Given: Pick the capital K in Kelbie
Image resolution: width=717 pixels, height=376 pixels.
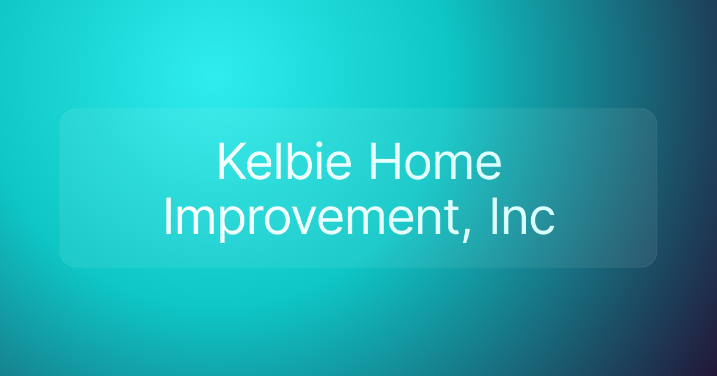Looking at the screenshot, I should (x=229, y=162).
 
